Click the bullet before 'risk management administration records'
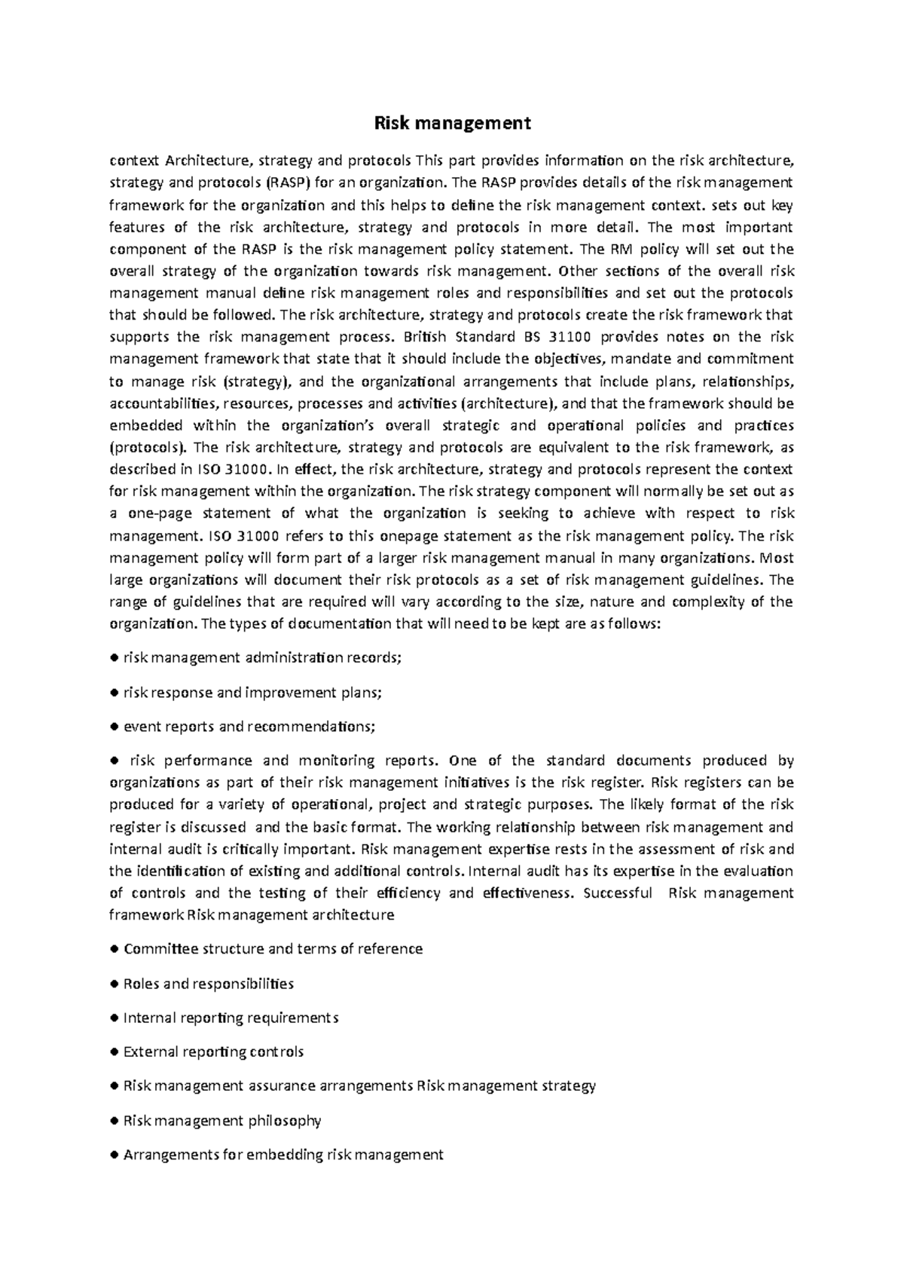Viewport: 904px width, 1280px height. point(115,658)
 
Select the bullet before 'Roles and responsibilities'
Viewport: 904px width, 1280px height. point(115,984)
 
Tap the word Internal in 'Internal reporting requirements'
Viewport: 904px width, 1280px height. point(149,1018)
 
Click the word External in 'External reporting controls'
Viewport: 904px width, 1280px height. point(150,1052)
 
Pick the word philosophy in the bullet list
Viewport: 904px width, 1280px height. point(285,1121)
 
